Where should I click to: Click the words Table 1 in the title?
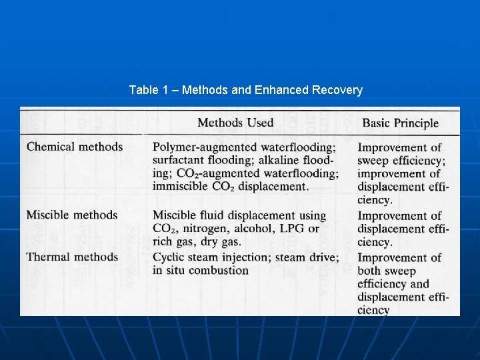point(148,90)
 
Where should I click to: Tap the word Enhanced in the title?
point(281,90)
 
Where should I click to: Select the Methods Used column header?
point(235,122)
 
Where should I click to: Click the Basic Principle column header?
point(400,123)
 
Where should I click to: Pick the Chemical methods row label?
point(75,147)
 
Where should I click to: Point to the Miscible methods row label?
point(72,215)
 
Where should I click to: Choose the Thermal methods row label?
point(73,257)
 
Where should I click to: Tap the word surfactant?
point(178,161)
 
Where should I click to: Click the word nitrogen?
point(204,229)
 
